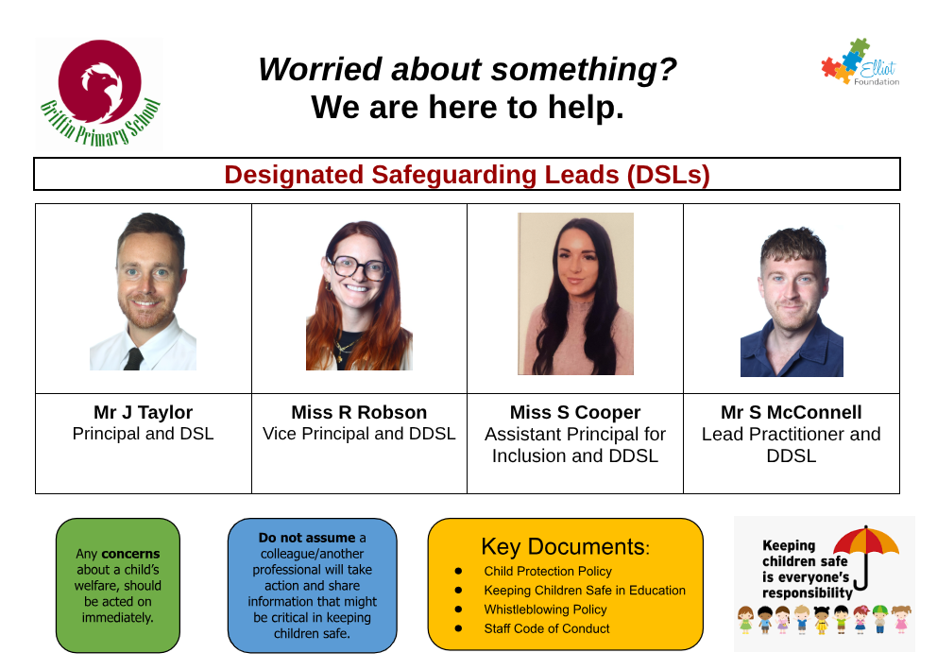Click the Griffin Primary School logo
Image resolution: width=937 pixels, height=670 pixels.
tap(99, 94)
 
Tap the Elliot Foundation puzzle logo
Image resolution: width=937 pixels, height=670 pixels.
tap(860, 62)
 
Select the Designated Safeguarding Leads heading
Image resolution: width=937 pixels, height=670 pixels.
tap(467, 175)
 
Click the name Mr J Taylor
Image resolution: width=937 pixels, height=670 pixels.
tap(144, 412)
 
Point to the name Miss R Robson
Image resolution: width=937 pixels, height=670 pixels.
tap(359, 412)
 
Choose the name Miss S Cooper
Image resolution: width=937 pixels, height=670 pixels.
tap(575, 412)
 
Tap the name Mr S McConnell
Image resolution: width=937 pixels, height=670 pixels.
tap(792, 412)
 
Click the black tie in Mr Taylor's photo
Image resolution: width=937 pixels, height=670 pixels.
tap(133, 358)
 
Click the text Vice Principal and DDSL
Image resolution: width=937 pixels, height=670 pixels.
tap(359, 434)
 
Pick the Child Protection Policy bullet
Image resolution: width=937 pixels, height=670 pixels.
tap(548, 571)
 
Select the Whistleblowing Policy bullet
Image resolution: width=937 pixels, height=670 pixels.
tap(546, 609)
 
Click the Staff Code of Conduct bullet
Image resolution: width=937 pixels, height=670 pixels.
tap(547, 628)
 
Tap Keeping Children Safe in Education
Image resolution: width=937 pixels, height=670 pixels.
tap(585, 590)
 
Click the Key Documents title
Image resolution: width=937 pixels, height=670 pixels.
tap(565, 546)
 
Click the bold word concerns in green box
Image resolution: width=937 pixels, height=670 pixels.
tap(130, 554)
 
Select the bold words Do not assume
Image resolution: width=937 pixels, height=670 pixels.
tap(307, 538)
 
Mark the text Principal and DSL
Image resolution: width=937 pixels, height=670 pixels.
tap(144, 434)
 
